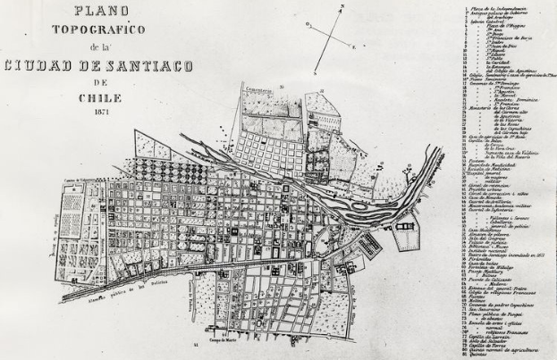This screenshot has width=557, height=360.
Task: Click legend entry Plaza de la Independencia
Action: (x=501, y=6)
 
